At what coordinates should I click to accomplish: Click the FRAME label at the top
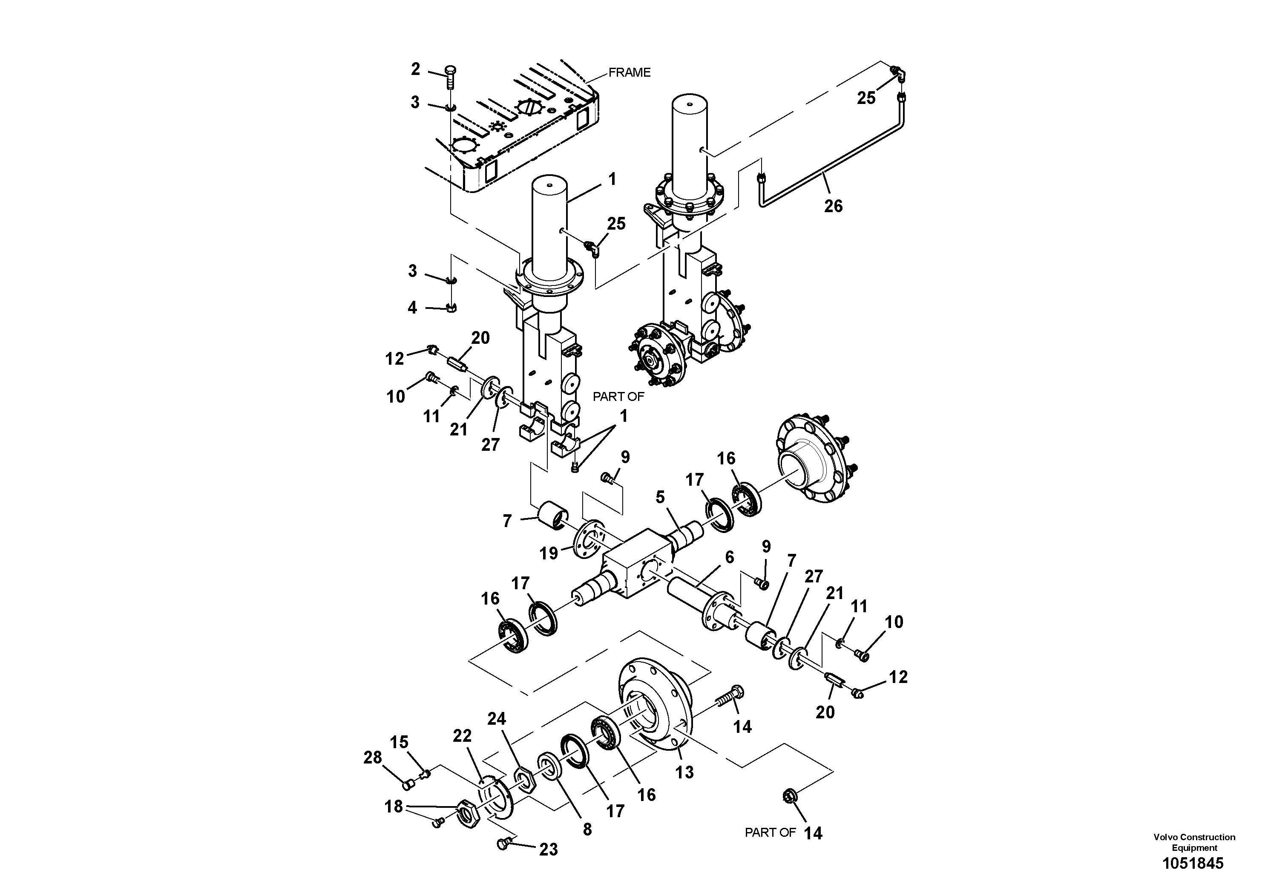(629, 72)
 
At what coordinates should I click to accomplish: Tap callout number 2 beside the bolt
(415, 69)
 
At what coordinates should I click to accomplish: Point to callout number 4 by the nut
(412, 307)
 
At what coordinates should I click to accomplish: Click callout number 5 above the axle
(660, 497)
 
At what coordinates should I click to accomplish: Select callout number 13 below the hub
(684, 772)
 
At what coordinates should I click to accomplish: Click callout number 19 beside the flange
(549, 553)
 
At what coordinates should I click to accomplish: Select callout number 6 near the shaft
(729, 557)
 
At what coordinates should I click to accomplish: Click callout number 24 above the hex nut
(497, 719)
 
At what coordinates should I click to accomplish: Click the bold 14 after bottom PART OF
(813, 833)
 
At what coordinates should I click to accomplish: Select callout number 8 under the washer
(587, 829)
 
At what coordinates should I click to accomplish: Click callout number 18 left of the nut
(393, 807)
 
